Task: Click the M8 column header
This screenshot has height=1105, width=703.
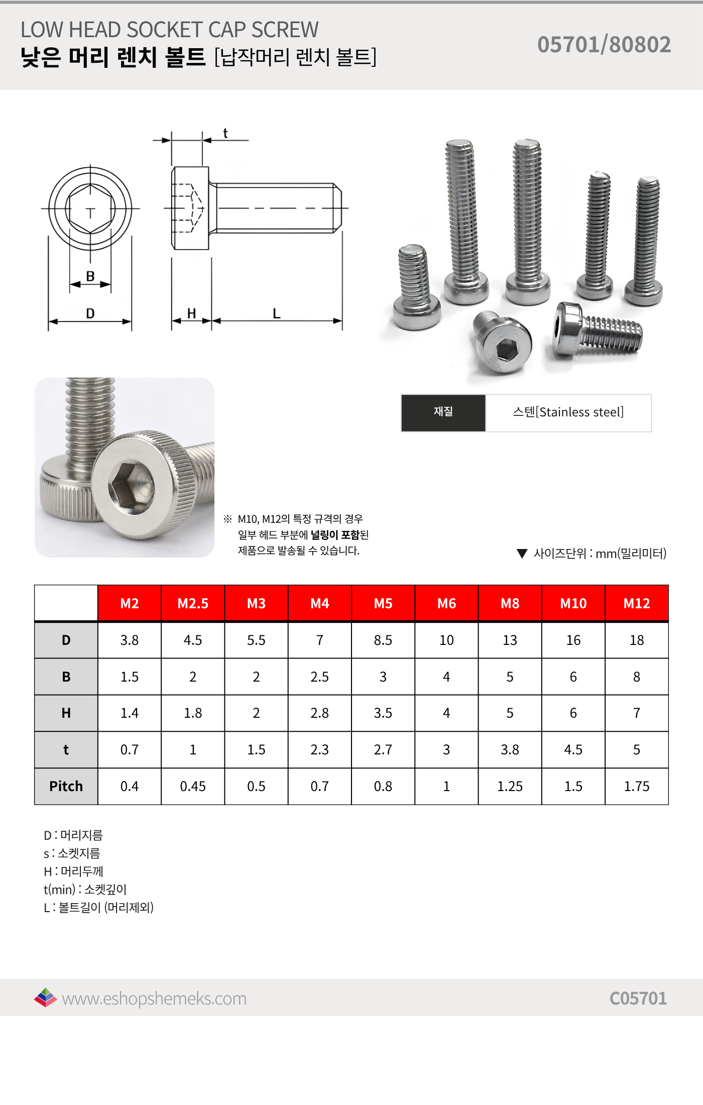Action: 510,603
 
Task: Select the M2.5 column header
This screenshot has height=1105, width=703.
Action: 193,603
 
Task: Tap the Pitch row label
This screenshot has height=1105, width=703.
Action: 66,786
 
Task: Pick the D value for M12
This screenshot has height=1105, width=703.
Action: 637,640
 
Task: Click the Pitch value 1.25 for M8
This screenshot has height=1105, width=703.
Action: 510,786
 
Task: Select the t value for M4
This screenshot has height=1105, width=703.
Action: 319,749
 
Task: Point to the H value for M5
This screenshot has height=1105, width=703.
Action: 383,713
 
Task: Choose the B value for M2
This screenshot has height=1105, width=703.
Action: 129,677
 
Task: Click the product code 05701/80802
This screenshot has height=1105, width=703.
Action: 604,44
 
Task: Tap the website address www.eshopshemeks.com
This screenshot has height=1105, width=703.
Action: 154,999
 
